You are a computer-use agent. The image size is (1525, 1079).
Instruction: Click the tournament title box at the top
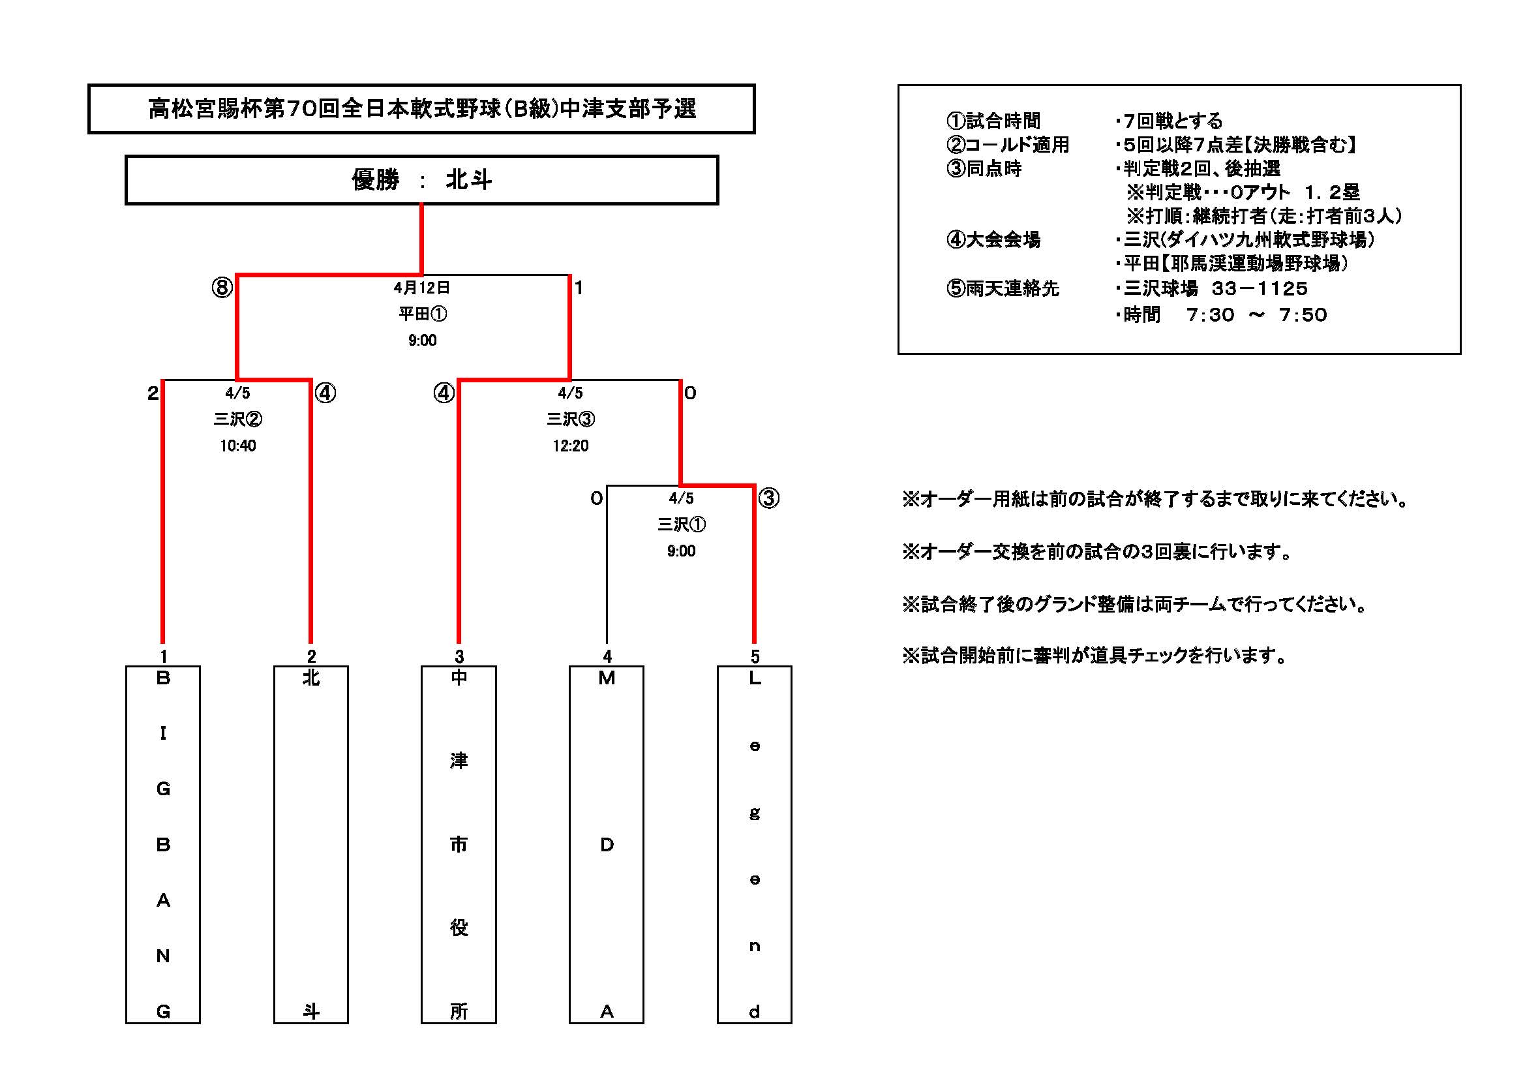point(421,108)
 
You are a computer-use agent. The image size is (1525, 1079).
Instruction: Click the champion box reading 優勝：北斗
point(421,179)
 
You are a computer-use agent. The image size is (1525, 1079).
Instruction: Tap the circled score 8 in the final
point(222,288)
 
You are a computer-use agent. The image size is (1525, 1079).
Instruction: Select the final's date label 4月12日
point(422,288)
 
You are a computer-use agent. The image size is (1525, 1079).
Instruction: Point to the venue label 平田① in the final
point(423,314)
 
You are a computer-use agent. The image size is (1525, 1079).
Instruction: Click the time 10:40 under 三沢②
point(238,446)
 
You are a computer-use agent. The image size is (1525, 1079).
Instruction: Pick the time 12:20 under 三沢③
point(571,446)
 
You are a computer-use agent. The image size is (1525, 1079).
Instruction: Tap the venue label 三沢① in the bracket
point(682,525)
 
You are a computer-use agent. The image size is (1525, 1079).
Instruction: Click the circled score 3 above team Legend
point(768,498)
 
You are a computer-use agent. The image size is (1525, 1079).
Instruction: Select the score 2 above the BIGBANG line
point(153,393)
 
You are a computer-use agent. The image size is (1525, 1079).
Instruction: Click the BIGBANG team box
point(162,844)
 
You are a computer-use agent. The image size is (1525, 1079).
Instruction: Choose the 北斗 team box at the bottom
point(311,844)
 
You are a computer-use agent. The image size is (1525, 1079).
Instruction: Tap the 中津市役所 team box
point(459,844)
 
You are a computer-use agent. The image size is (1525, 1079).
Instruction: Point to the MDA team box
point(607,844)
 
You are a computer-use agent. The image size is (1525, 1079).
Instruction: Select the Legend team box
point(755,844)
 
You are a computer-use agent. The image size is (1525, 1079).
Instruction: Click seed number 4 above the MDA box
point(607,656)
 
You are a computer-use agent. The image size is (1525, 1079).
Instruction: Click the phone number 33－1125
point(1260,288)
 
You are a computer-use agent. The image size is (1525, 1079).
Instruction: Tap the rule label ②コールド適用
point(1008,145)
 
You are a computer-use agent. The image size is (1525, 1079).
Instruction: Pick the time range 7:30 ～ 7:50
point(1257,315)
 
